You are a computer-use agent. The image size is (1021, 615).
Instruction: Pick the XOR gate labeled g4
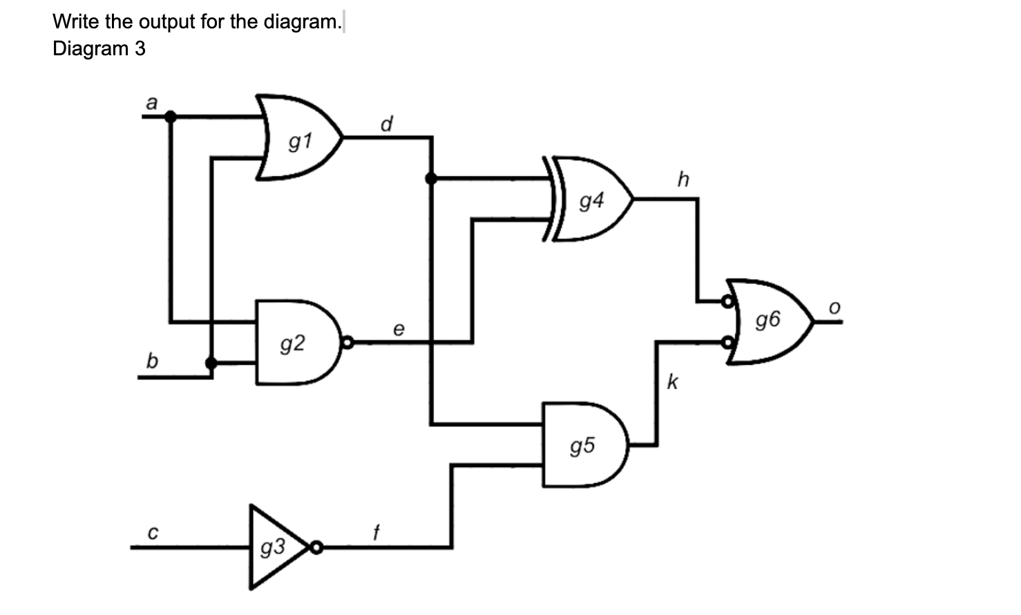pos(591,200)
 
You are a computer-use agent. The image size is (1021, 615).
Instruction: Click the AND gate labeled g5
pos(584,445)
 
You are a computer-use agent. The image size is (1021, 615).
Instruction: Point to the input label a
pos(152,103)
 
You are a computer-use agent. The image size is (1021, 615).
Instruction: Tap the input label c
pos(152,533)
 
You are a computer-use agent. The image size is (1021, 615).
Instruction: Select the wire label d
pos(387,124)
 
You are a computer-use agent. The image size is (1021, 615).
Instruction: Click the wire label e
pos(399,329)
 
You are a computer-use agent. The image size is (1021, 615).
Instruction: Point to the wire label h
pos(683,180)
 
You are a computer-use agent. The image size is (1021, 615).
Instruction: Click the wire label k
pos(672,381)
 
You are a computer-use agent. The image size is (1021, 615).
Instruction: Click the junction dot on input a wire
pos(170,117)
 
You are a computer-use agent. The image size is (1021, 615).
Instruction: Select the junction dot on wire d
pos(431,179)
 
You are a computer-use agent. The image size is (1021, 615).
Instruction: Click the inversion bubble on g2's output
pos(347,342)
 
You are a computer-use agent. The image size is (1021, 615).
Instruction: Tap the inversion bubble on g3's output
pos(316,548)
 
